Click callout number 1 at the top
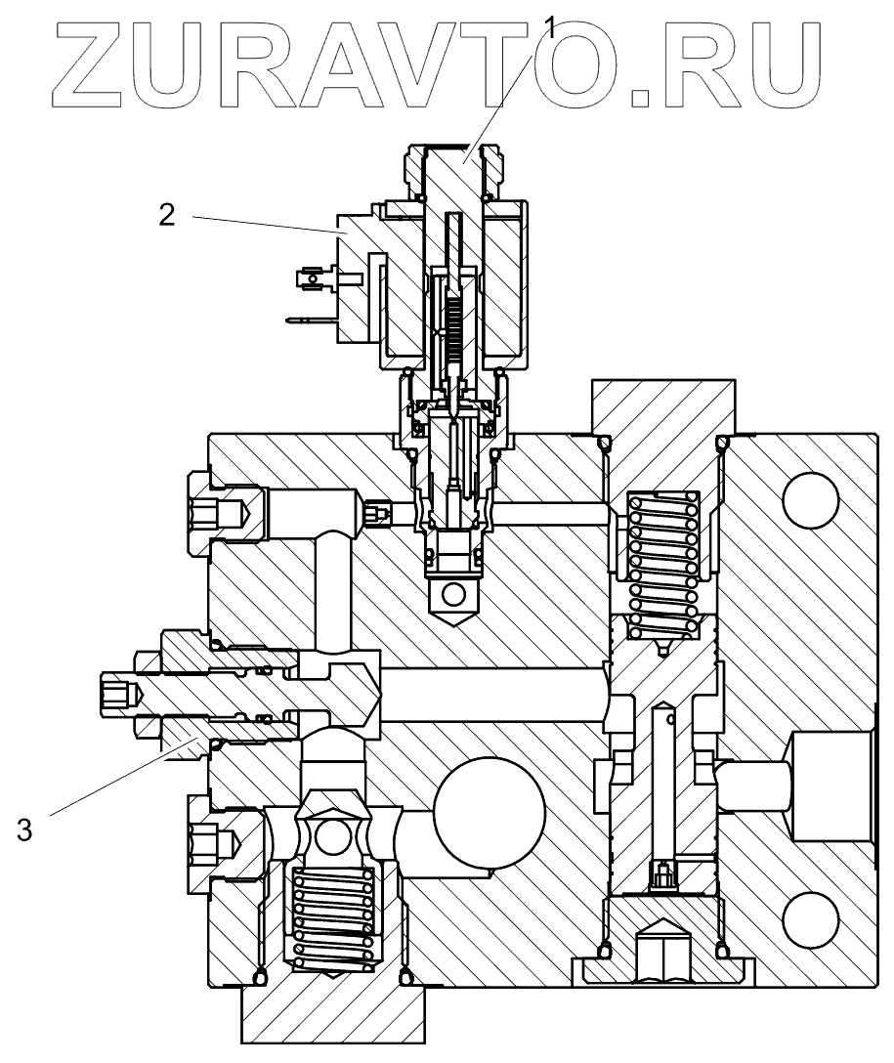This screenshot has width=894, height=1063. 553,27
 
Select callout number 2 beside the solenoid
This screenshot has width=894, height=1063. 167,215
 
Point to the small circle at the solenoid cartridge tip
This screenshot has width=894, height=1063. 455,593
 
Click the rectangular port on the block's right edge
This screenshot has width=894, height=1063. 830,787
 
